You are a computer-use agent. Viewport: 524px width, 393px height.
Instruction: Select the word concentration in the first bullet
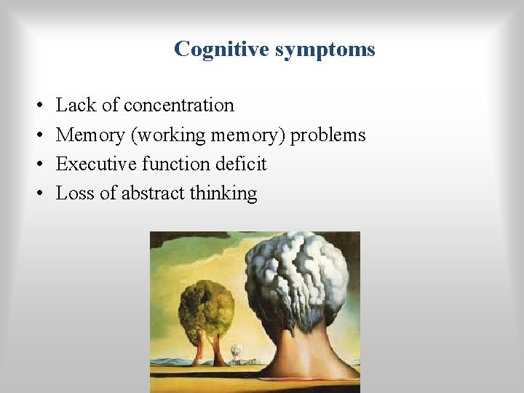(x=179, y=106)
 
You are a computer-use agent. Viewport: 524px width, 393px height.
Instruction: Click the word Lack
(x=76, y=106)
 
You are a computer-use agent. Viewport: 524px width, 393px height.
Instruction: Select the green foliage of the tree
(x=207, y=306)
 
